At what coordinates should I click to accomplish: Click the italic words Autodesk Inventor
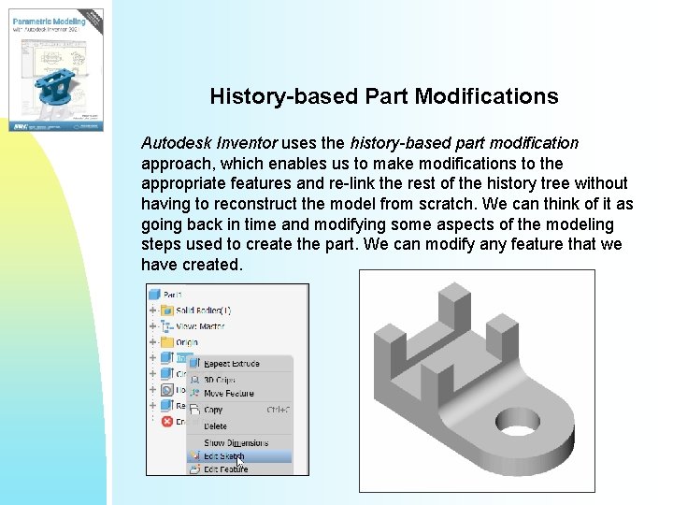pyautogui.click(x=208, y=144)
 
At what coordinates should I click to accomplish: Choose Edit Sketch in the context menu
pyautogui.click(x=224, y=456)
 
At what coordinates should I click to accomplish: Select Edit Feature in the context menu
pyautogui.click(x=226, y=469)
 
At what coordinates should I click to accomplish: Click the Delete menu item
pyautogui.click(x=215, y=426)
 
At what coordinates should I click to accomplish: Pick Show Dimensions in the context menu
pyautogui.click(x=236, y=442)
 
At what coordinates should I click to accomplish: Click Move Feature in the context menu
pyautogui.click(x=228, y=394)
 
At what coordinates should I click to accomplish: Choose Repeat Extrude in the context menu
pyautogui.click(x=231, y=363)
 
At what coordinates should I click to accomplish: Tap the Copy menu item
pyautogui.click(x=213, y=410)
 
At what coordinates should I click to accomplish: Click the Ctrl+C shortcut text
pyautogui.click(x=278, y=410)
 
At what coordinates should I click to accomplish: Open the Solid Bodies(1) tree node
pyautogui.click(x=196, y=310)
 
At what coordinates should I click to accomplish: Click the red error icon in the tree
pyautogui.click(x=167, y=422)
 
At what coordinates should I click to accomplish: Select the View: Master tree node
pyautogui.click(x=198, y=326)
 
